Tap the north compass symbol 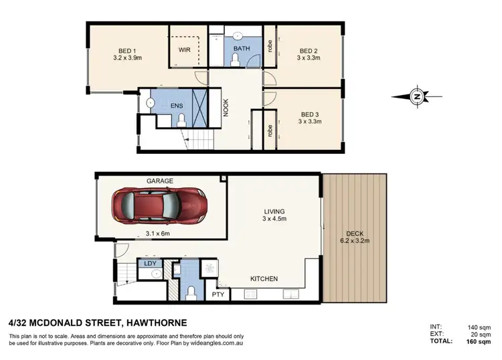click(x=416, y=96)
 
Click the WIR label click(x=185, y=50)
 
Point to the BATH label click(x=242, y=49)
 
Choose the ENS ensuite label click(x=177, y=105)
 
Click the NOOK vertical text click(x=226, y=108)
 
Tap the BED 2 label click(x=309, y=51)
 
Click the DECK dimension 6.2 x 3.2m click(x=355, y=235)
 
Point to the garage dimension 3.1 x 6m click(x=158, y=234)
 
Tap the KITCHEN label click(x=264, y=278)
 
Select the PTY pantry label click(x=218, y=294)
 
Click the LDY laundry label click(x=151, y=264)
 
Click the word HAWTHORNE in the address click(x=153, y=322)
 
